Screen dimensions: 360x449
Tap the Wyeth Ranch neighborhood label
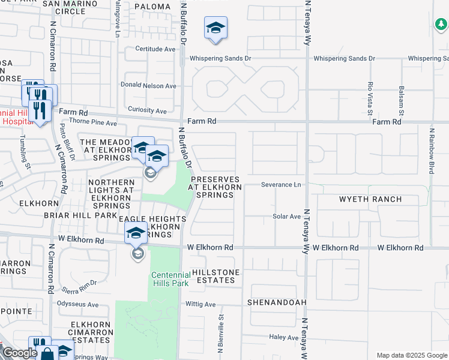[366, 198]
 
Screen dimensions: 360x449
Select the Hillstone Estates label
[215, 276]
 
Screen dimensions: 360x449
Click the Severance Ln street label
[281, 185]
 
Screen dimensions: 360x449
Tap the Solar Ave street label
[286, 216]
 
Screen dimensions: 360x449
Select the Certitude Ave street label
[155, 49]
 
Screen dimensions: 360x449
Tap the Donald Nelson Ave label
[149, 86]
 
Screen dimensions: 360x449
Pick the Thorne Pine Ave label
[93, 122]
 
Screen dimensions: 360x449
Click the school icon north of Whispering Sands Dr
[215, 28]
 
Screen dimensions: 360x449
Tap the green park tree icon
[441, 24]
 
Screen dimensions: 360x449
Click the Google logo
[20, 353]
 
